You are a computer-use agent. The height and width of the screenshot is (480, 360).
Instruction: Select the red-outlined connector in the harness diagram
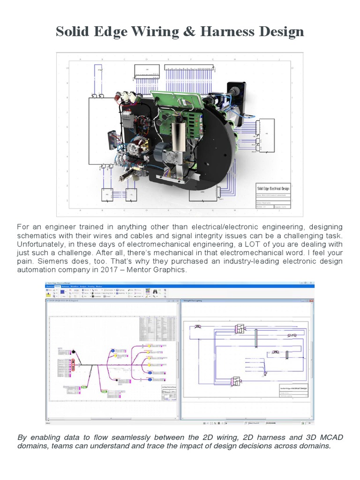click(x=72, y=363)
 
